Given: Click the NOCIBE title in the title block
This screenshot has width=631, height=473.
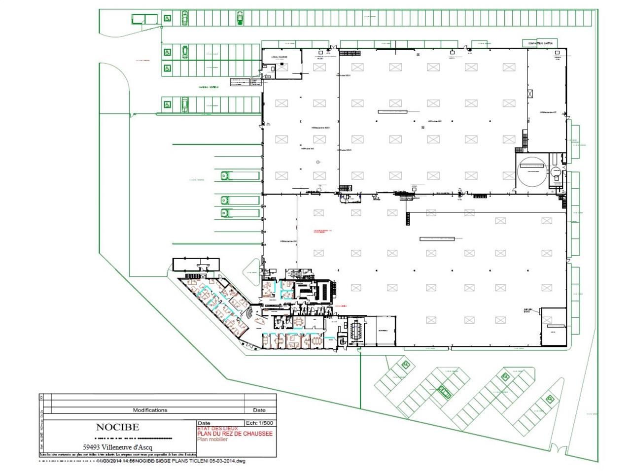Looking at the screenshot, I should (x=117, y=427).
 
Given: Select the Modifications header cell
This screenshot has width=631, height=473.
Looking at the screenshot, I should (x=150, y=410).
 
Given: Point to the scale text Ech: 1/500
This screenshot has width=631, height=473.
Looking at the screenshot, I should (x=260, y=423).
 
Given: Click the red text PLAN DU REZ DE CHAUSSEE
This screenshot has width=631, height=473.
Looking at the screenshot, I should (x=235, y=434).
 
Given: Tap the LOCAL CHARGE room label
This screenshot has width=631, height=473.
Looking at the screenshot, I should (x=279, y=57).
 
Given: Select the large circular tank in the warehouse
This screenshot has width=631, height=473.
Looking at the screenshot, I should (x=532, y=171).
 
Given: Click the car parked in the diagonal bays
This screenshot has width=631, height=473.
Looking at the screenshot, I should (x=445, y=392).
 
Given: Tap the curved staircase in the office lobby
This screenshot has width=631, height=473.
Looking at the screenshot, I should (x=251, y=314).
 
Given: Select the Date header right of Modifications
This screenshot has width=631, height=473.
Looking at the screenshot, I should (x=259, y=410).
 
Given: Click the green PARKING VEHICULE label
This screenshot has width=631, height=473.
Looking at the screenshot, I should (x=209, y=87).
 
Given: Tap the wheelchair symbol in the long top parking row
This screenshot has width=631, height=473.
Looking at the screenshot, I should (x=168, y=19).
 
